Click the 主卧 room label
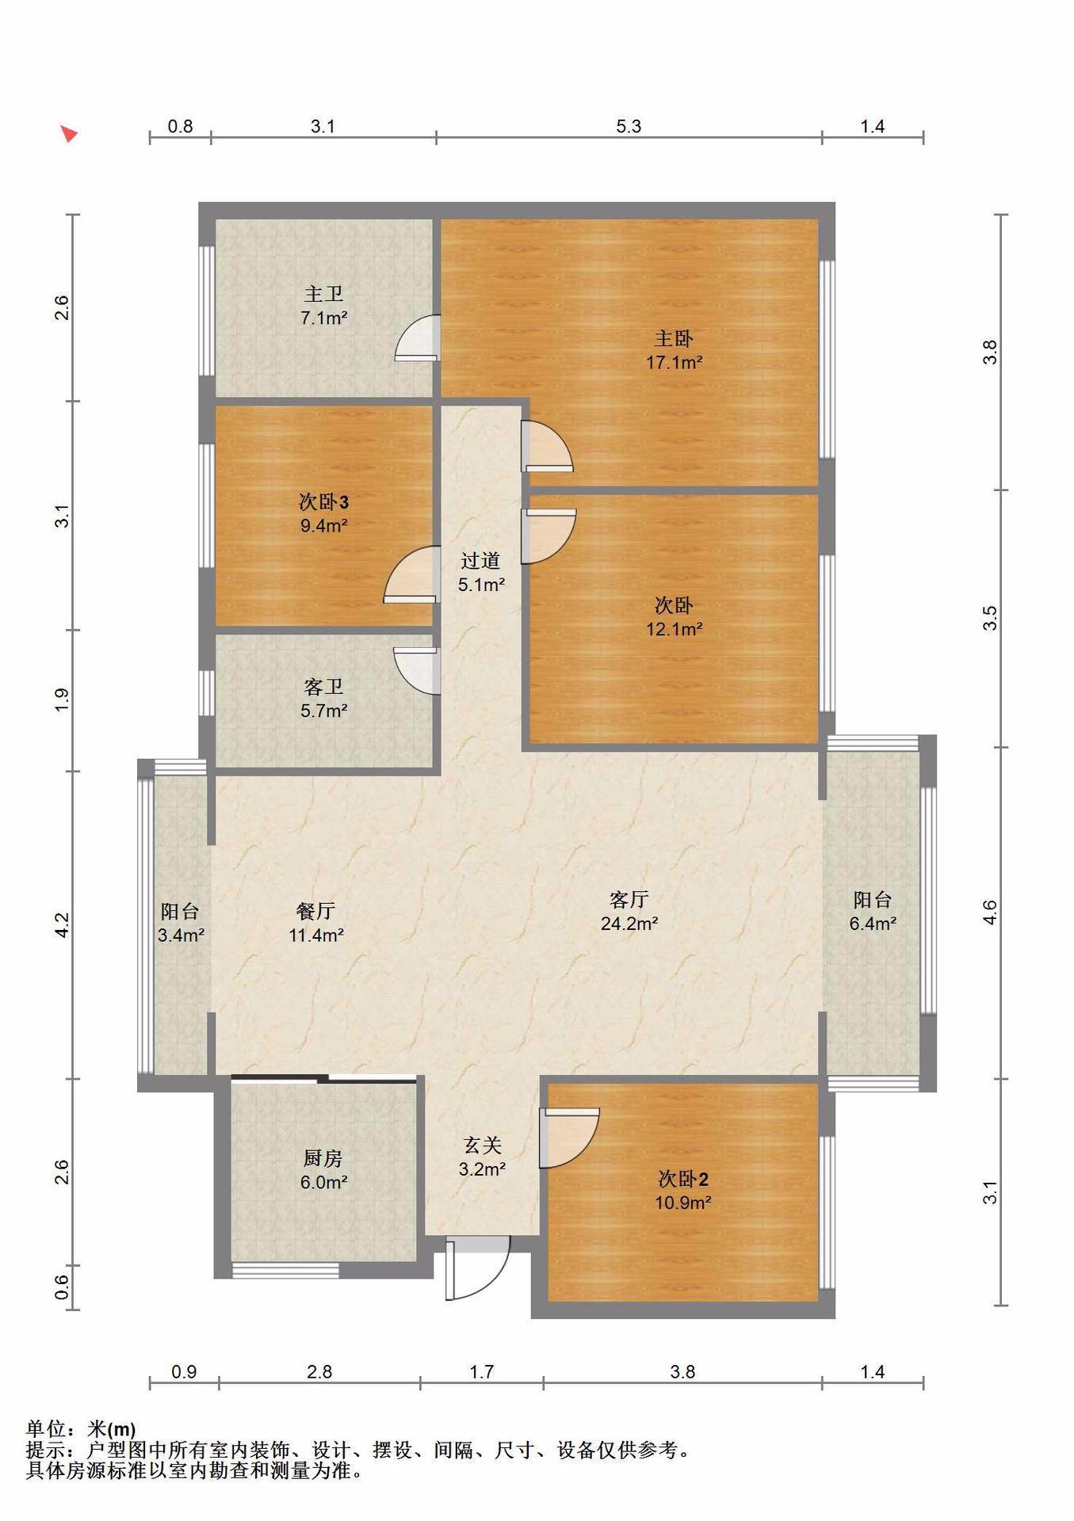coord(674,338)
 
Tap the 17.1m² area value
coord(674,363)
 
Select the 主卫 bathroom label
coord(324,294)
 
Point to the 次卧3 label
coord(323,501)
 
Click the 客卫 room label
coord(323,686)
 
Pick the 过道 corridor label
coord(481,561)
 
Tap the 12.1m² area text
coord(674,630)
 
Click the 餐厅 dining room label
coord(315,911)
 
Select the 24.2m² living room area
coord(629,923)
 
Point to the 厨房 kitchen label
coord(323,1158)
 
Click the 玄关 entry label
coord(482,1145)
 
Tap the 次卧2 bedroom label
coord(683,1179)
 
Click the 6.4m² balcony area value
coord(873,924)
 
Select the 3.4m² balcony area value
coord(181,935)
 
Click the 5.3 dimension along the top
coord(629,126)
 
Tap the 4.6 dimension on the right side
coord(989,913)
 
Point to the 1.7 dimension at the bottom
coord(482,1371)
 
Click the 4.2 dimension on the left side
coord(62,925)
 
